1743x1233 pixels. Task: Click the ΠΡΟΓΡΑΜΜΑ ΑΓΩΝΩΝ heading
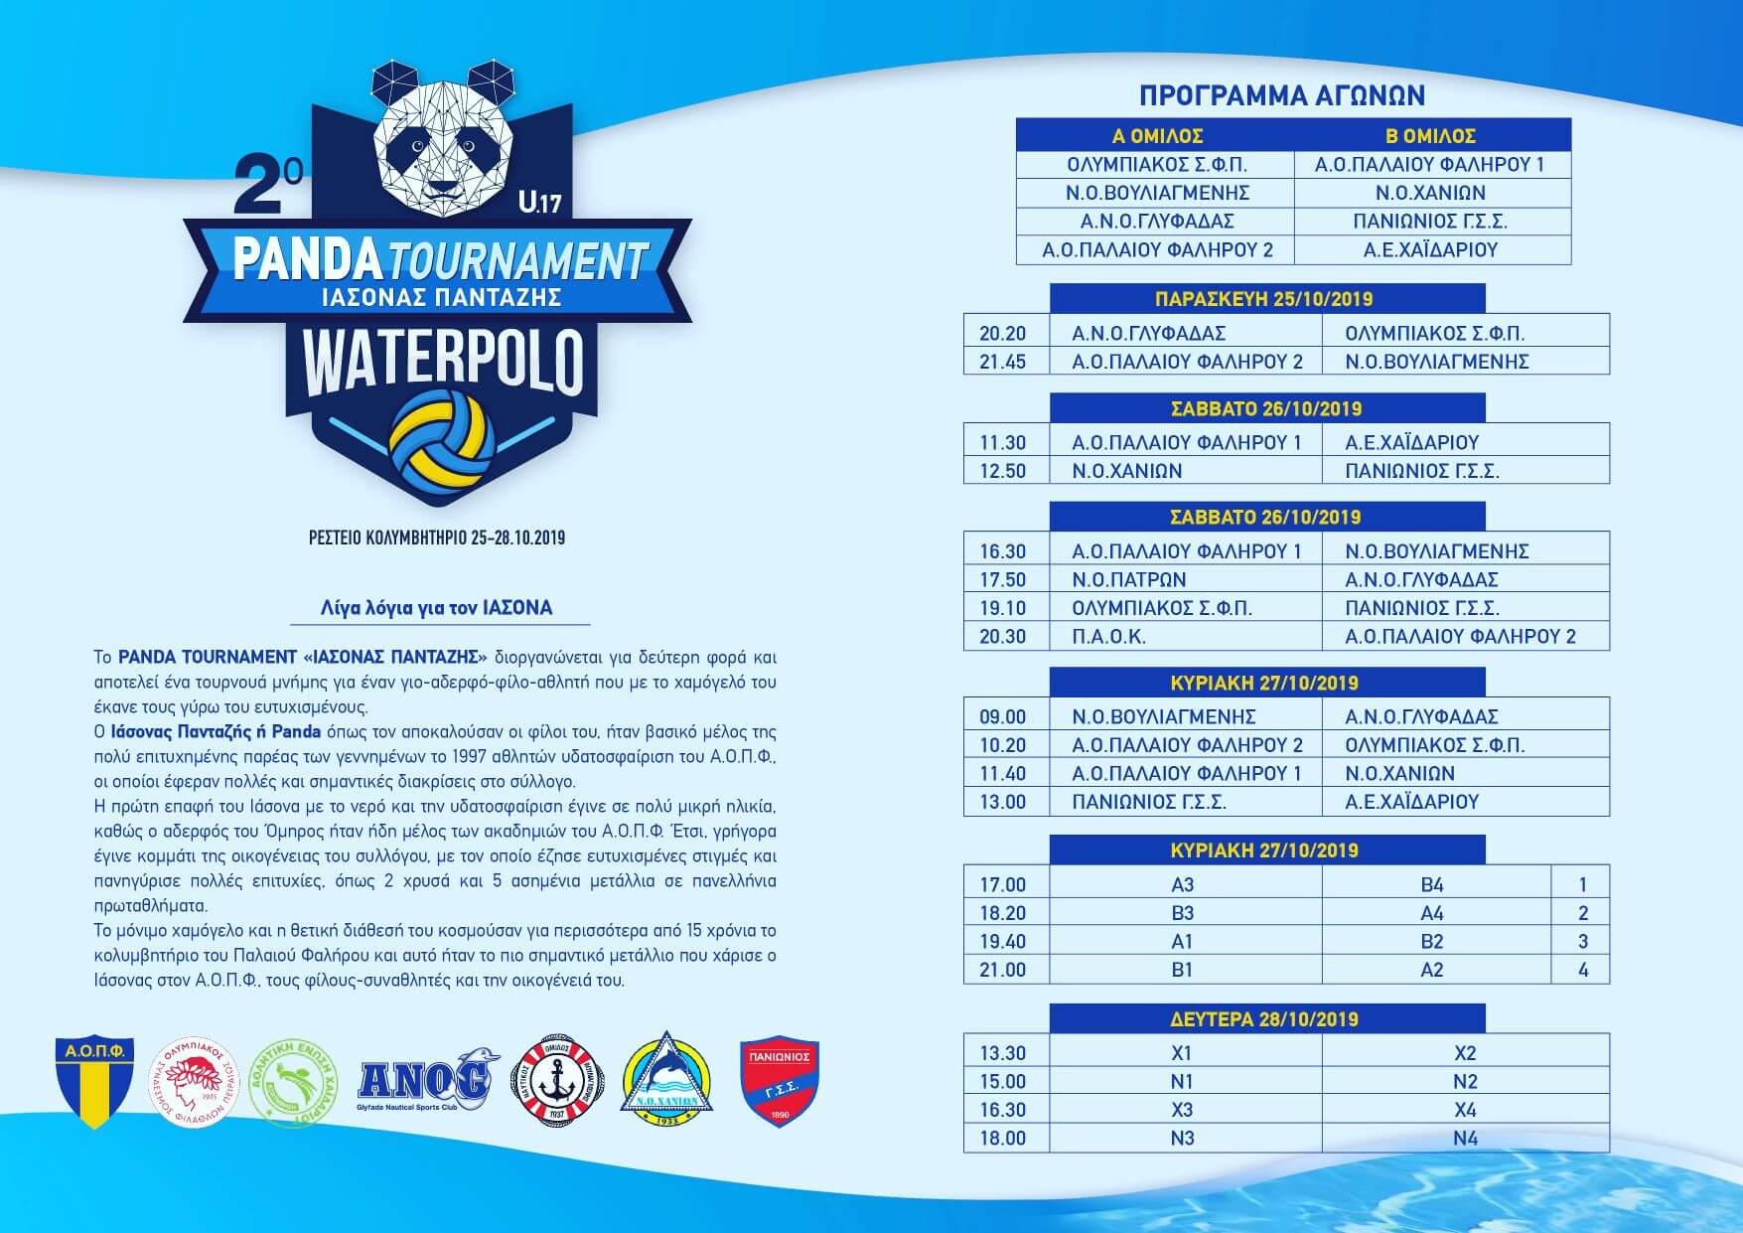1281,95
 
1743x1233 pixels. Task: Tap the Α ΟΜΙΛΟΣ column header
1157,136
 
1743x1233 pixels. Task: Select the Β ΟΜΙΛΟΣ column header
1430,136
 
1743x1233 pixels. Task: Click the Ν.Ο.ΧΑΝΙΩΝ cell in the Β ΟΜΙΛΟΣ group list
1430,193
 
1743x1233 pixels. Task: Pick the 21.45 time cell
1003,362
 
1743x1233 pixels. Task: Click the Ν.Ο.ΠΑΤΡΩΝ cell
1129,579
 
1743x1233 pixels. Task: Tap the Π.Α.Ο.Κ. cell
1109,637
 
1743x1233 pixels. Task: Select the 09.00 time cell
1003,716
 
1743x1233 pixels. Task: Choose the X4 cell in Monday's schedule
1465,1110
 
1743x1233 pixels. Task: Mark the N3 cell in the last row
1182,1139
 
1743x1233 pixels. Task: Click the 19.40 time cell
1003,941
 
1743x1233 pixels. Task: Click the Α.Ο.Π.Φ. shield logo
93,1082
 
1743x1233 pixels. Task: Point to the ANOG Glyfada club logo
425,1080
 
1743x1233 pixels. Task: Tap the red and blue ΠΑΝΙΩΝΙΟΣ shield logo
780,1082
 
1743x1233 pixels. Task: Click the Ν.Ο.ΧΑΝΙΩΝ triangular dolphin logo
665,1082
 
